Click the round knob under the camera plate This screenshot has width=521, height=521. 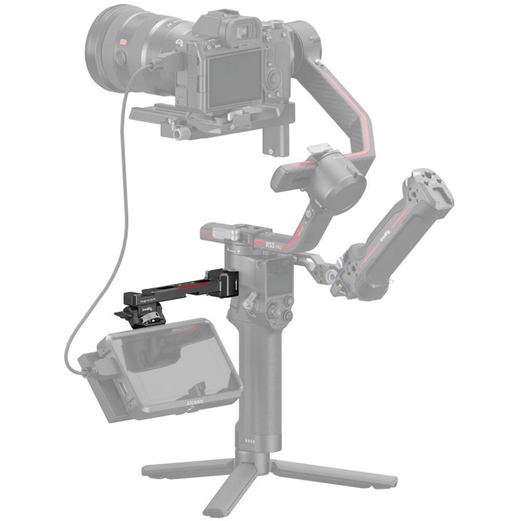click(178, 134)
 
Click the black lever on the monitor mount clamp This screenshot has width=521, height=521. click(123, 314)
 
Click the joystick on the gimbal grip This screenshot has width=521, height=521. click(250, 301)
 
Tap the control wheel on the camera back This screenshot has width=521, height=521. click(271, 79)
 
